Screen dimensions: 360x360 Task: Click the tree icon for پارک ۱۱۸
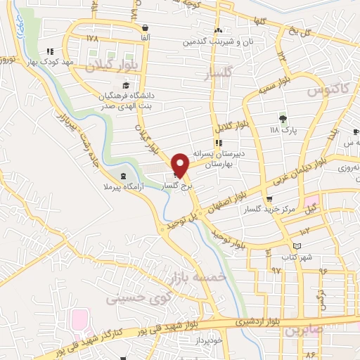[283, 118]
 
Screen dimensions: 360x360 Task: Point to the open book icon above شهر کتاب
[297, 245]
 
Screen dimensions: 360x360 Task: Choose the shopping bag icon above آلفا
[144, 28]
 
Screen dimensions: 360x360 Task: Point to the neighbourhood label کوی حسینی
[129, 299]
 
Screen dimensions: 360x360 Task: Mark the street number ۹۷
[275, 270]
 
